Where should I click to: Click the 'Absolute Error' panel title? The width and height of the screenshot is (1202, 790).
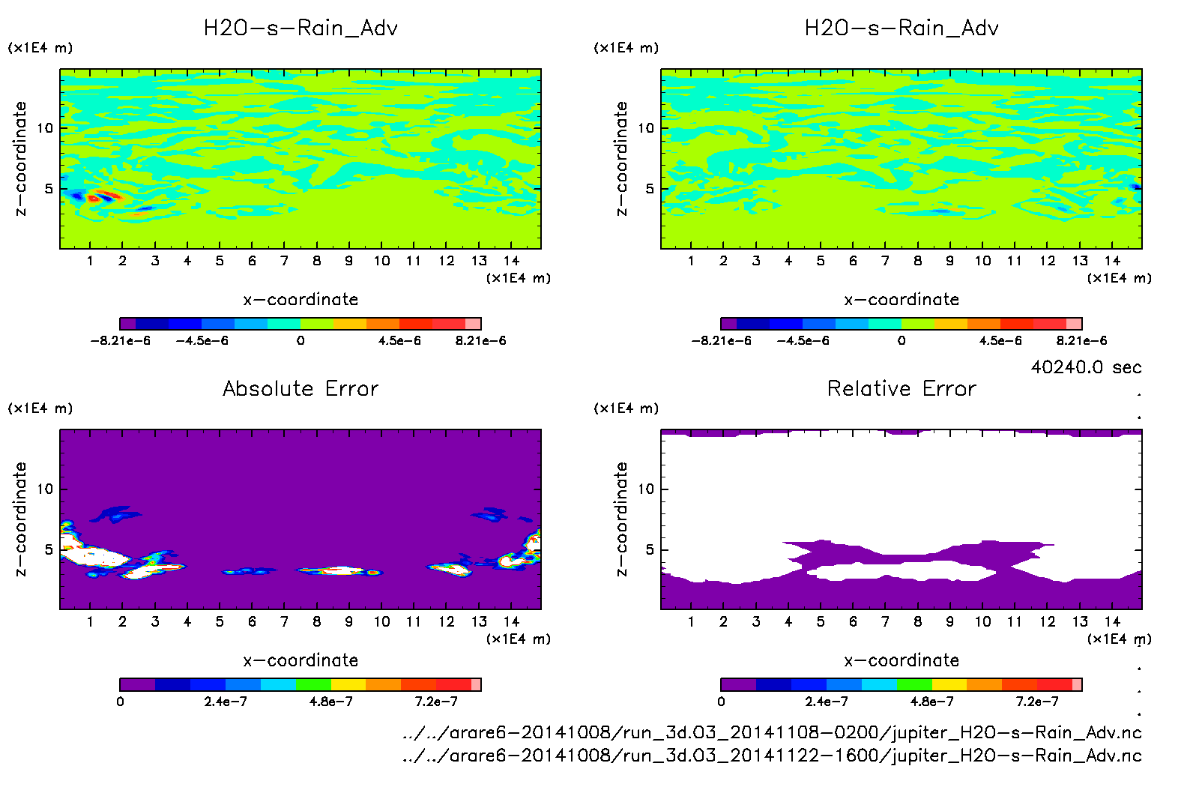pyautogui.click(x=300, y=388)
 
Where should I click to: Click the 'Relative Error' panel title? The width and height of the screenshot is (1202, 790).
pyautogui.click(x=901, y=388)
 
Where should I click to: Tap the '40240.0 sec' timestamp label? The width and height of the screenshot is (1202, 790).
pyautogui.click(x=1086, y=367)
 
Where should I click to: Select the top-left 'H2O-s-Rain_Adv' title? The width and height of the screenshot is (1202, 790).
pyautogui.click(x=300, y=28)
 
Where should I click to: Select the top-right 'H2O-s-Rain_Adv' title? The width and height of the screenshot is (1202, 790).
pyautogui.click(x=901, y=28)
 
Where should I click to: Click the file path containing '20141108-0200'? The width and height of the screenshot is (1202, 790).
pyautogui.click(x=772, y=732)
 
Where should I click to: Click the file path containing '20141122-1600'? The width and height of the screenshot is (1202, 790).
pyautogui.click(x=772, y=756)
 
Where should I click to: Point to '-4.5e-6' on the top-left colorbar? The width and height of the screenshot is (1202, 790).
pyautogui.click(x=202, y=341)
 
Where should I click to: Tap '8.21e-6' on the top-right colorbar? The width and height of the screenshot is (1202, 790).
pyautogui.click(x=1081, y=341)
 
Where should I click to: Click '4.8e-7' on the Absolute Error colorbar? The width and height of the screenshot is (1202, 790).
pyautogui.click(x=331, y=702)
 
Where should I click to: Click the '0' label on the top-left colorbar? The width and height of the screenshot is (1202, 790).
pyautogui.click(x=300, y=341)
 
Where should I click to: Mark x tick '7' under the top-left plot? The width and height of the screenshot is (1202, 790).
pyautogui.click(x=284, y=261)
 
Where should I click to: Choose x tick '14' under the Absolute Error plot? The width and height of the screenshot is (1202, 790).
pyautogui.click(x=511, y=621)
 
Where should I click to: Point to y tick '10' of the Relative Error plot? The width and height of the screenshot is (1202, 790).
pyautogui.click(x=646, y=489)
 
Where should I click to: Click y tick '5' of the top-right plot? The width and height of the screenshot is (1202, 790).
pyautogui.click(x=650, y=189)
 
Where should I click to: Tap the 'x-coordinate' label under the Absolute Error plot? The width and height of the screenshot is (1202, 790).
pyautogui.click(x=300, y=660)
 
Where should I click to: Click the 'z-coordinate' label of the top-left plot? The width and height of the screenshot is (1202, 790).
pyautogui.click(x=20, y=159)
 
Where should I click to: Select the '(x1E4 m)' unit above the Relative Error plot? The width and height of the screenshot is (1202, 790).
pyautogui.click(x=626, y=408)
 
